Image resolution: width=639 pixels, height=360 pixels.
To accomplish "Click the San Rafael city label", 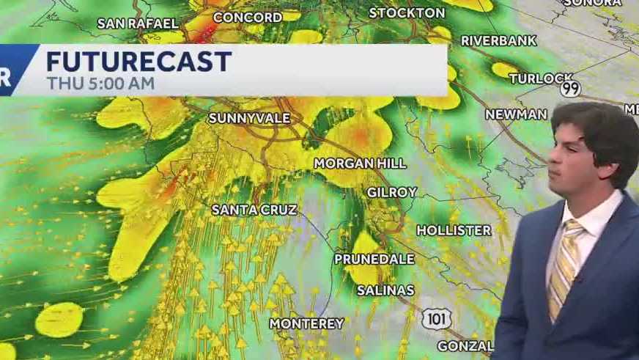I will (x=138, y=23).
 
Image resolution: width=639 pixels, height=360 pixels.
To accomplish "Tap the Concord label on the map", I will (x=247, y=17).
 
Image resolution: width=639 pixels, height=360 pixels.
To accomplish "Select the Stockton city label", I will (x=407, y=12).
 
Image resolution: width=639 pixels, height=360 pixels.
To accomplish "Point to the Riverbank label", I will (x=498, y=40).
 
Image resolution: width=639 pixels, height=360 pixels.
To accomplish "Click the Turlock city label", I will (x=540, y=78).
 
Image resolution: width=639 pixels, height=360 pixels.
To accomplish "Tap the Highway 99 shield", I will (x=570, y=89).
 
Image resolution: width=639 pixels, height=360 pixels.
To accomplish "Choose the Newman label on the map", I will (x=516, y=114).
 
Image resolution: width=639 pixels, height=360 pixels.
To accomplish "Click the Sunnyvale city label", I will (x=249, y=118).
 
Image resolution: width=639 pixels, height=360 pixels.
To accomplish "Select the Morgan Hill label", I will (x=350, y=163).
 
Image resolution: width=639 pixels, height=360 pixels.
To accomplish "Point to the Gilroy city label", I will (x=392, y=192).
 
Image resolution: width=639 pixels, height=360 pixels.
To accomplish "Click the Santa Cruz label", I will (x=254, y=210).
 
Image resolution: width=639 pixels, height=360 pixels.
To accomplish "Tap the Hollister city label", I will (x=454, y=230).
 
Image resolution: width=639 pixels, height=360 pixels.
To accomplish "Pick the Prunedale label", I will (x=374, y=259).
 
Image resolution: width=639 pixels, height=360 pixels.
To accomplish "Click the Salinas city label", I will (x=385, y=290).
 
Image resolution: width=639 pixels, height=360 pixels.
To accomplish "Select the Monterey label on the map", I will (x=306, y=323).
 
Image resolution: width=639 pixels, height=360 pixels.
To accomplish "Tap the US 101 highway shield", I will (x=436, y=318).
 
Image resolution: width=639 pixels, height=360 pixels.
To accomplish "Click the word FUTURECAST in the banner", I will (x=139, y=61).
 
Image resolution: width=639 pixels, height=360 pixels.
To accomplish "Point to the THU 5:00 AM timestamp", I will (x=100, y=83).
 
